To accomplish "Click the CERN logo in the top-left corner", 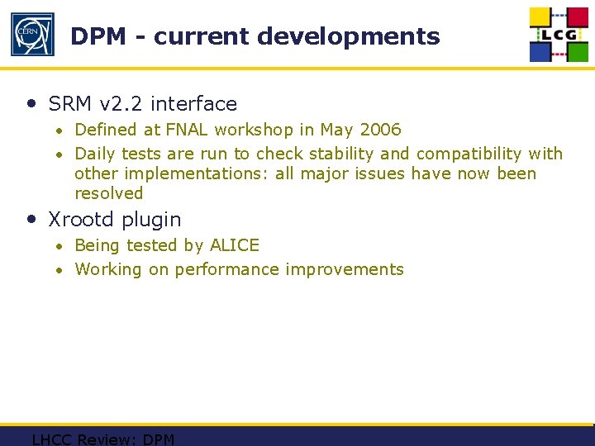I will pyautogui.click(x=31, y=35).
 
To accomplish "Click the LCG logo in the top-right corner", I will pyautogui.click(x=559, y=35).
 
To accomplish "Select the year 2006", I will pyautogui.click(x=380, y=130).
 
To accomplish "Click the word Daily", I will pyautogui.click(x=96, y=154).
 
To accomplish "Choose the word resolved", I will pyautogui.click(x=109, y=193).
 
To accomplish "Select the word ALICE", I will pyautogui.click(x=235, y=245).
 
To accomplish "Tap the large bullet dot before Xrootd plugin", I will pyautogui.click(x=31, y=220).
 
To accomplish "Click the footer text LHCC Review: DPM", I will pyautogui.click(x=103, y=439).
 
